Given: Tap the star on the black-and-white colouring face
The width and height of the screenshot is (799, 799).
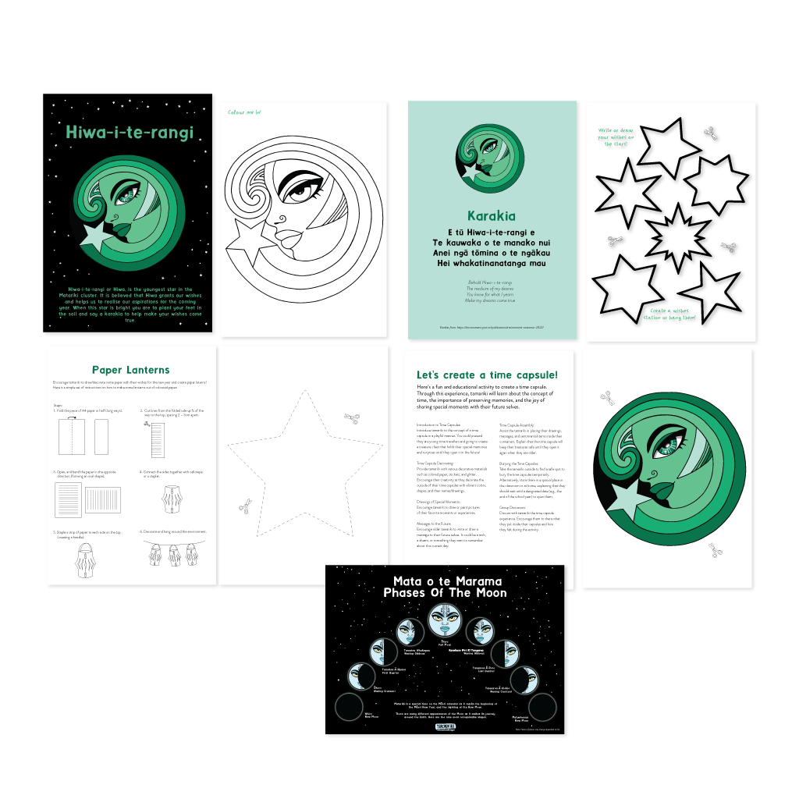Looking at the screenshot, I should coord(251,240).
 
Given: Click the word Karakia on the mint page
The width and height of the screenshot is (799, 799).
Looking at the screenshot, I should coord(492,216).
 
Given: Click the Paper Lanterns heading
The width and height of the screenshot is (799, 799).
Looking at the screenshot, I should coord(130,370).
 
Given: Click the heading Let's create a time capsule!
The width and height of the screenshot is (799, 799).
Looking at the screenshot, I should coord(487,375).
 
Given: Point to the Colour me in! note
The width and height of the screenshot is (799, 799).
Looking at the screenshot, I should coord(244,113).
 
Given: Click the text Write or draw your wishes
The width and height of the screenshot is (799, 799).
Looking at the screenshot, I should coord(616,137).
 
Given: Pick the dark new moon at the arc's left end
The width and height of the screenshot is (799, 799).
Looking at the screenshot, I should coord(349,708).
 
